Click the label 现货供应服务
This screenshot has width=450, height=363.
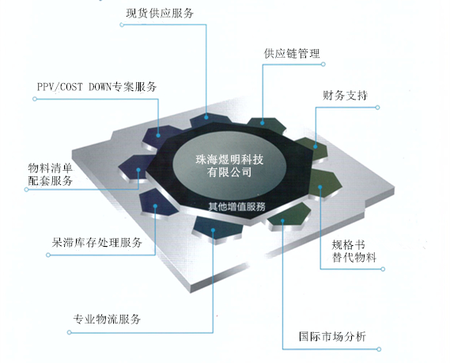pos(160,13)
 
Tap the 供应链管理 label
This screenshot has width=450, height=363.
pos(292,53)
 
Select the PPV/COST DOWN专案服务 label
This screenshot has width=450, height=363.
pos(96,87)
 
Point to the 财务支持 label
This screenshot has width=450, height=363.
pos(346,96)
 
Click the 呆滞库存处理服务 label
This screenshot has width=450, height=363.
pos(97,243)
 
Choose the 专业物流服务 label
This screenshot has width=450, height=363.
pos(107,319)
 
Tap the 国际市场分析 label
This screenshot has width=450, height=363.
pos(332,336)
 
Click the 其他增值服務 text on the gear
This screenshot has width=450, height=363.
pos(236,206)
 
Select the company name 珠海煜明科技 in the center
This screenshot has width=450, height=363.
pos(229,160)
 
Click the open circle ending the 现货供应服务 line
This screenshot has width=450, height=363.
pos(122,25)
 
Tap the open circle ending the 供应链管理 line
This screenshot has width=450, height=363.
pos(323,64)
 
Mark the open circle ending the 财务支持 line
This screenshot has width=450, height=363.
pos(378,108)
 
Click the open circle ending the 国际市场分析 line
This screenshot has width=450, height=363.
pos(379,350)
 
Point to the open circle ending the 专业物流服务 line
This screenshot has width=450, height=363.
pos(69,332)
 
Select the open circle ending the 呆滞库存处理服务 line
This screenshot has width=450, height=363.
pos(48,255)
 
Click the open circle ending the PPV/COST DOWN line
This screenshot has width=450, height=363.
pos(35,99)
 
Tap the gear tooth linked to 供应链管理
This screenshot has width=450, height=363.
pos(267,124)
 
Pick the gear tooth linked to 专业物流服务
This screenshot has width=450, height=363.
pos(218,228)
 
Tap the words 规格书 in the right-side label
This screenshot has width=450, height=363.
pos(349,245)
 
